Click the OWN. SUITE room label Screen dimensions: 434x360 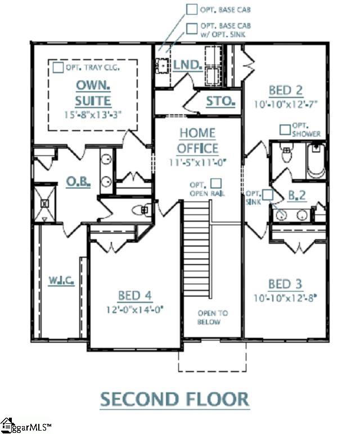coord(93,93)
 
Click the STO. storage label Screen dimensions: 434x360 coord(220,101)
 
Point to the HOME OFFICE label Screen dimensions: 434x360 coord(197,141)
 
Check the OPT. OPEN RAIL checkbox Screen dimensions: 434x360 coord(216,184)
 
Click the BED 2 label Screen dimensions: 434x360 coord(286,90)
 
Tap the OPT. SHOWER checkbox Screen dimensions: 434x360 coord(286,129)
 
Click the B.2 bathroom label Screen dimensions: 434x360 coord(296,195)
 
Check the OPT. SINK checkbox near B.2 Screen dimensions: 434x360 coord(268,194)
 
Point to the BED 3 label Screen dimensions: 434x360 coord(286,283)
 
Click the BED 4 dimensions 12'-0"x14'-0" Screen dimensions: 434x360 coord(135,309)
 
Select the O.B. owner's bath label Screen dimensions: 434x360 coord(78,182)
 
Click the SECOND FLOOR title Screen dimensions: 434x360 coord(174,399)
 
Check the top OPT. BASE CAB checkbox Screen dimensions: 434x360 coord(192,9)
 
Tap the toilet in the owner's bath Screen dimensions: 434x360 coord(140,210)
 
